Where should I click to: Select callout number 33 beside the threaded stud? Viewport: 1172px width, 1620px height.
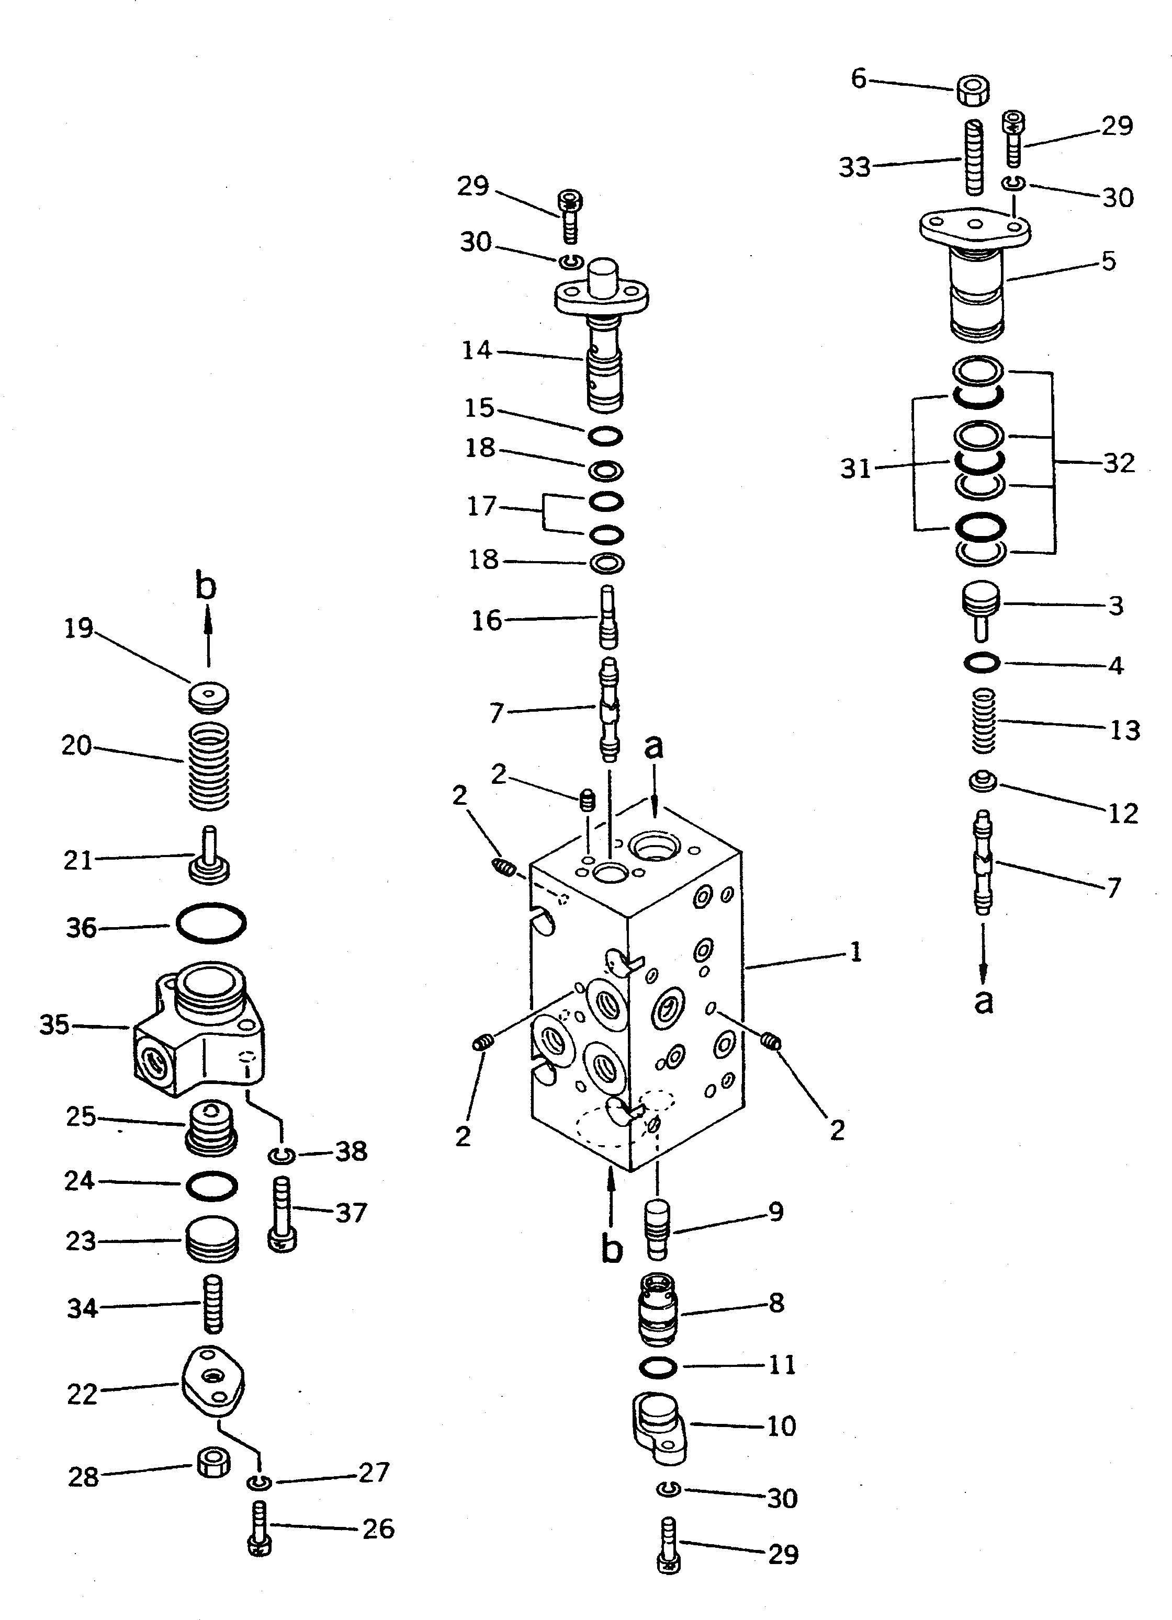pyautogui.click(x=855, y=167)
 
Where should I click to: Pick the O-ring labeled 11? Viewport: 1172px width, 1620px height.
pyautogui.click(x=658, y=1366)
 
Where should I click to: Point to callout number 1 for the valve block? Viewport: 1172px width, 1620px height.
pyautogui.click(x=855, y=952)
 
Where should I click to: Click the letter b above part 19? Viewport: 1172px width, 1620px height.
pyautogui.click(x=205, y=586)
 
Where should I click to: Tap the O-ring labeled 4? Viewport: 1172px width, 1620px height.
pyautogui.click(x=981, y=664)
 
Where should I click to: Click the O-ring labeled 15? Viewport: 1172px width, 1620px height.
pyautogui.click(x=605, y=436)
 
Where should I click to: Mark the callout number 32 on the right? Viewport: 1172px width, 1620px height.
pyautogui.click(x=1119, y=463)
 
